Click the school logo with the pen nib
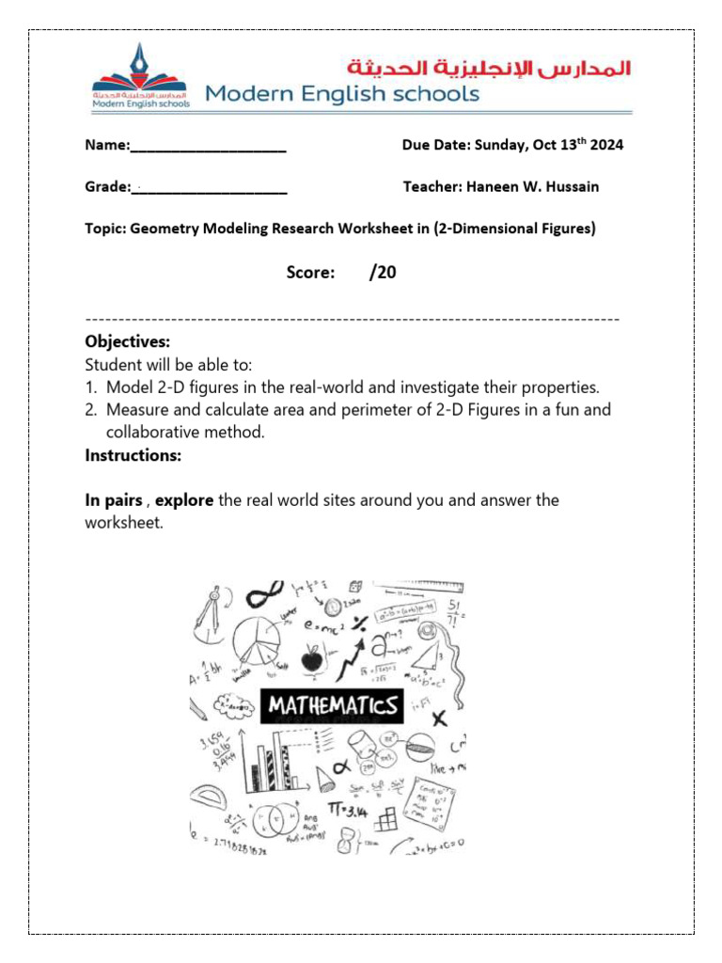pos(141,75)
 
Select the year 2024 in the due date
pos(606,146)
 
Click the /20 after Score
pos(383,273)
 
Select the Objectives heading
pos(128,341)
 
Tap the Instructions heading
pos(133,455)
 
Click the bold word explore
pos(184,500)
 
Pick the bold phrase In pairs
pos(114,500)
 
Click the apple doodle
pos(311,658)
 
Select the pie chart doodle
pos(251,643)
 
